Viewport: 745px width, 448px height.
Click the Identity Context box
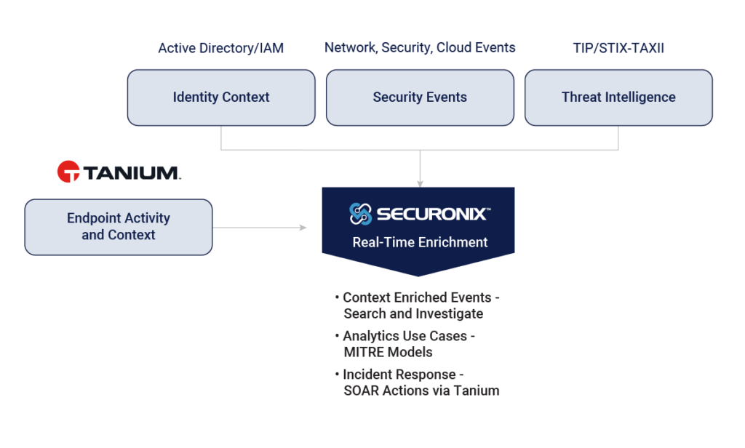(x=221, y=97)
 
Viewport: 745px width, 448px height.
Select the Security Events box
(x=420, y=97)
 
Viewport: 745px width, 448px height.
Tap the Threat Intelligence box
(x=618, y=97)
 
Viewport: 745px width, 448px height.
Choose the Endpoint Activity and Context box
(x=119, y=227)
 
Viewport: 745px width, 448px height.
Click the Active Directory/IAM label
(x=221, y=49)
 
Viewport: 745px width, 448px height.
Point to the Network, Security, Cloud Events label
(x=420, y=48)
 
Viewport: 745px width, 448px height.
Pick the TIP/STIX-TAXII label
(x=618, y=49)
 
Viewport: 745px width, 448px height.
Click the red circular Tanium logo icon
(x=68, y=172)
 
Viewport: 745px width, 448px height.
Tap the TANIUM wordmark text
(x=131, y=173)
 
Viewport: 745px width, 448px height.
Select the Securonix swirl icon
(x=361, y=214)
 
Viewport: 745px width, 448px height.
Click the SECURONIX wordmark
(x=433, y=214)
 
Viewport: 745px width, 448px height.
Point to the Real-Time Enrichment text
(x=420, y=242)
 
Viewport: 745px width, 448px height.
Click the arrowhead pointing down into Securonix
(x=420, y=183)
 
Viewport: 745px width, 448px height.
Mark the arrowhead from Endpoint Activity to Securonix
(x=303, y=228)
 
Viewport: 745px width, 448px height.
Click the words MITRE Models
(x=388, y=352)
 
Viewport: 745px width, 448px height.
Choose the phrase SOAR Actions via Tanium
(x=421, y=391)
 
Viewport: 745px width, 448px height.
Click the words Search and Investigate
(x=413, y=313)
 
